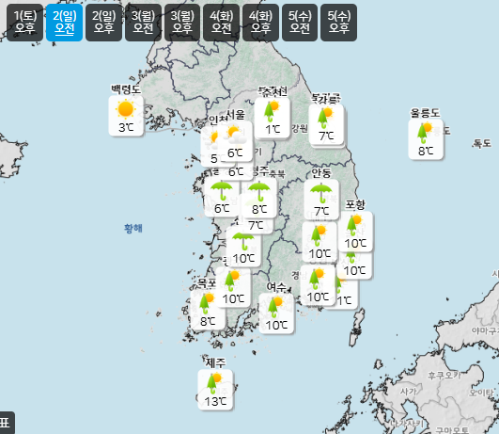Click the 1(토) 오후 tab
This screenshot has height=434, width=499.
pyautogui.click(x=25, y=22)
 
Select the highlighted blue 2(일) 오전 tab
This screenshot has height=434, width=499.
pyautogui.click(x=65, y=22)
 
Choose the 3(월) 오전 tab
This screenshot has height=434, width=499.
pyautogui.click(x=143, y=22)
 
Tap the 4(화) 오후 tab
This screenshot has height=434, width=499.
pyautogui.click(x=260, y=22)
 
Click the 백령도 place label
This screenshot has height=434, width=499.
pyautogui.click(x=125, y=89)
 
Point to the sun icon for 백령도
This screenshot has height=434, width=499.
pyautogui.click(x=125, y=109)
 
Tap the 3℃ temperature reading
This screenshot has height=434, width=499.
pyautogui.click(x=125, y=127)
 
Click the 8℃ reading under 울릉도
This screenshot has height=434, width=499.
pyautogui.click(x=426, y=150)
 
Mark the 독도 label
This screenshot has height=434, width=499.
pyautogui.click(x=482, y=143)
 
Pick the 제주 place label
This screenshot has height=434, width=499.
pyautogui.click(x=215, y=362)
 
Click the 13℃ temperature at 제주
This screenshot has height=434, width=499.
pyautogui.click(x=216, y=402)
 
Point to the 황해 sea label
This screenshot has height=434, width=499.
pyautogui.click(x=133, y=228)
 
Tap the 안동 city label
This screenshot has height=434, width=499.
pyautogui.click(x=321, y=173)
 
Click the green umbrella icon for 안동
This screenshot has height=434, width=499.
pyautogui.click(x=321, y=192)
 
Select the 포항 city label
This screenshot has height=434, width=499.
pyautogui.click(x=355, y=205)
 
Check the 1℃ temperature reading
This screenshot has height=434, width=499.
pyautogui.click(x=273, y=129)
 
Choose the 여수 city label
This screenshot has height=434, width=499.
pyautogui.click(x=276, y=286)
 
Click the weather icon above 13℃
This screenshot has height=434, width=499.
pyautogui.click(x=216, y=382)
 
